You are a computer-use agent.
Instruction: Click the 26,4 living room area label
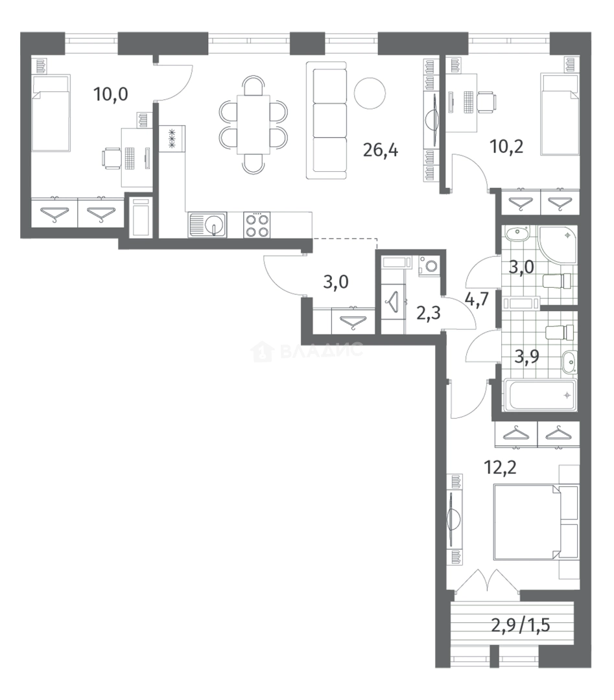[381, 150]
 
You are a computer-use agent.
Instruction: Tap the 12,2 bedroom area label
[500, 467]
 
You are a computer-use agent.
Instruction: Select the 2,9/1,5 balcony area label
[520, 625]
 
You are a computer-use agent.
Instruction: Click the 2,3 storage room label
[428, 313]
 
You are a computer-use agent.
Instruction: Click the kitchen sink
[207, 224]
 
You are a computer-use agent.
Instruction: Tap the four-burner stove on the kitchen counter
[257, 224]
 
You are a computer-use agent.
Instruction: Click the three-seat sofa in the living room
[327, 121]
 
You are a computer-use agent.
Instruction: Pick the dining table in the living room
[254, 124]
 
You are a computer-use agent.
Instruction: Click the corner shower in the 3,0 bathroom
[558, 246]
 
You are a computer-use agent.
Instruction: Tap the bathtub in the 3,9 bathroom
[540, 395]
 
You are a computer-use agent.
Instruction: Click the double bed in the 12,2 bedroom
[536, 522]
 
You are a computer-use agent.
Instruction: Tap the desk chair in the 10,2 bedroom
[486, 102]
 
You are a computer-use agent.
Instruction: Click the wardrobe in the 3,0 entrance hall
[344, 321]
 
